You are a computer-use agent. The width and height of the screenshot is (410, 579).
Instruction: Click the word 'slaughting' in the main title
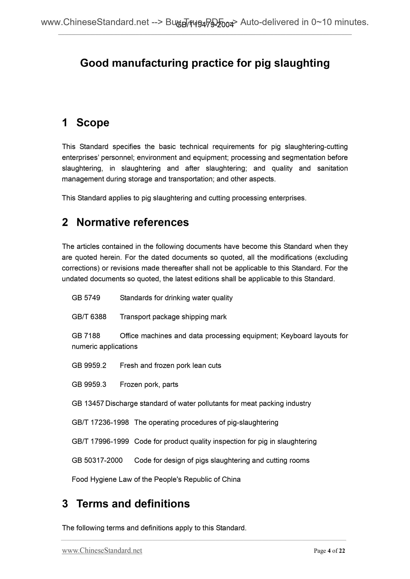tap(302, 63)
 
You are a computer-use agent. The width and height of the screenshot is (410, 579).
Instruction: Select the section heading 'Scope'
tap(93, 123)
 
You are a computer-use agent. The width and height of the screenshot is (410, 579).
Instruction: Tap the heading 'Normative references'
tap(132, 222)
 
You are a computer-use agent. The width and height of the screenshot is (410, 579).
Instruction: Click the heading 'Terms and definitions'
tap(133, 503)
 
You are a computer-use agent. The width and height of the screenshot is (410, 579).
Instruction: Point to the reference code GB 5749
tap(86, 298)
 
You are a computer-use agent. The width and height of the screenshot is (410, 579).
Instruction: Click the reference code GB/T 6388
tap(89, 317)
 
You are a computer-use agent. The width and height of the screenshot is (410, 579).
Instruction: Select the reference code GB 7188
tap(86, 336)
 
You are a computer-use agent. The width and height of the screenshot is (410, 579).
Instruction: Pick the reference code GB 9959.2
tap(89, 365)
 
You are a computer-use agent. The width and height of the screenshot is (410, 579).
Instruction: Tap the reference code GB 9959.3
tap(89, 384)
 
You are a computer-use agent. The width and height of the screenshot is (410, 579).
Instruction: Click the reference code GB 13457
tap(88, 403)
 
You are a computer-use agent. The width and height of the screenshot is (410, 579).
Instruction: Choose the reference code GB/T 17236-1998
tap(100, 422)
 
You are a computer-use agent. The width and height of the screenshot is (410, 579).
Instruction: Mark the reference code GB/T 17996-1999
tap(100, 441)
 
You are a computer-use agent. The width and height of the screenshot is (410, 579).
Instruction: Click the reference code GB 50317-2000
tap(97, 460)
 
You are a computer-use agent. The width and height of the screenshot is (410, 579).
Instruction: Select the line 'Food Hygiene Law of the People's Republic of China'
tap(156, 479)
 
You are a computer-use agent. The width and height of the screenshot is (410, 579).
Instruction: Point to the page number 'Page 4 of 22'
tap(329, 551)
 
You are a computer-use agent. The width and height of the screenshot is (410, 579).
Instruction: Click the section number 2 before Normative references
tap(65, 222)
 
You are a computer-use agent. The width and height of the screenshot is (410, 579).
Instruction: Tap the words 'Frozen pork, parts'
tap(149, 384)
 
